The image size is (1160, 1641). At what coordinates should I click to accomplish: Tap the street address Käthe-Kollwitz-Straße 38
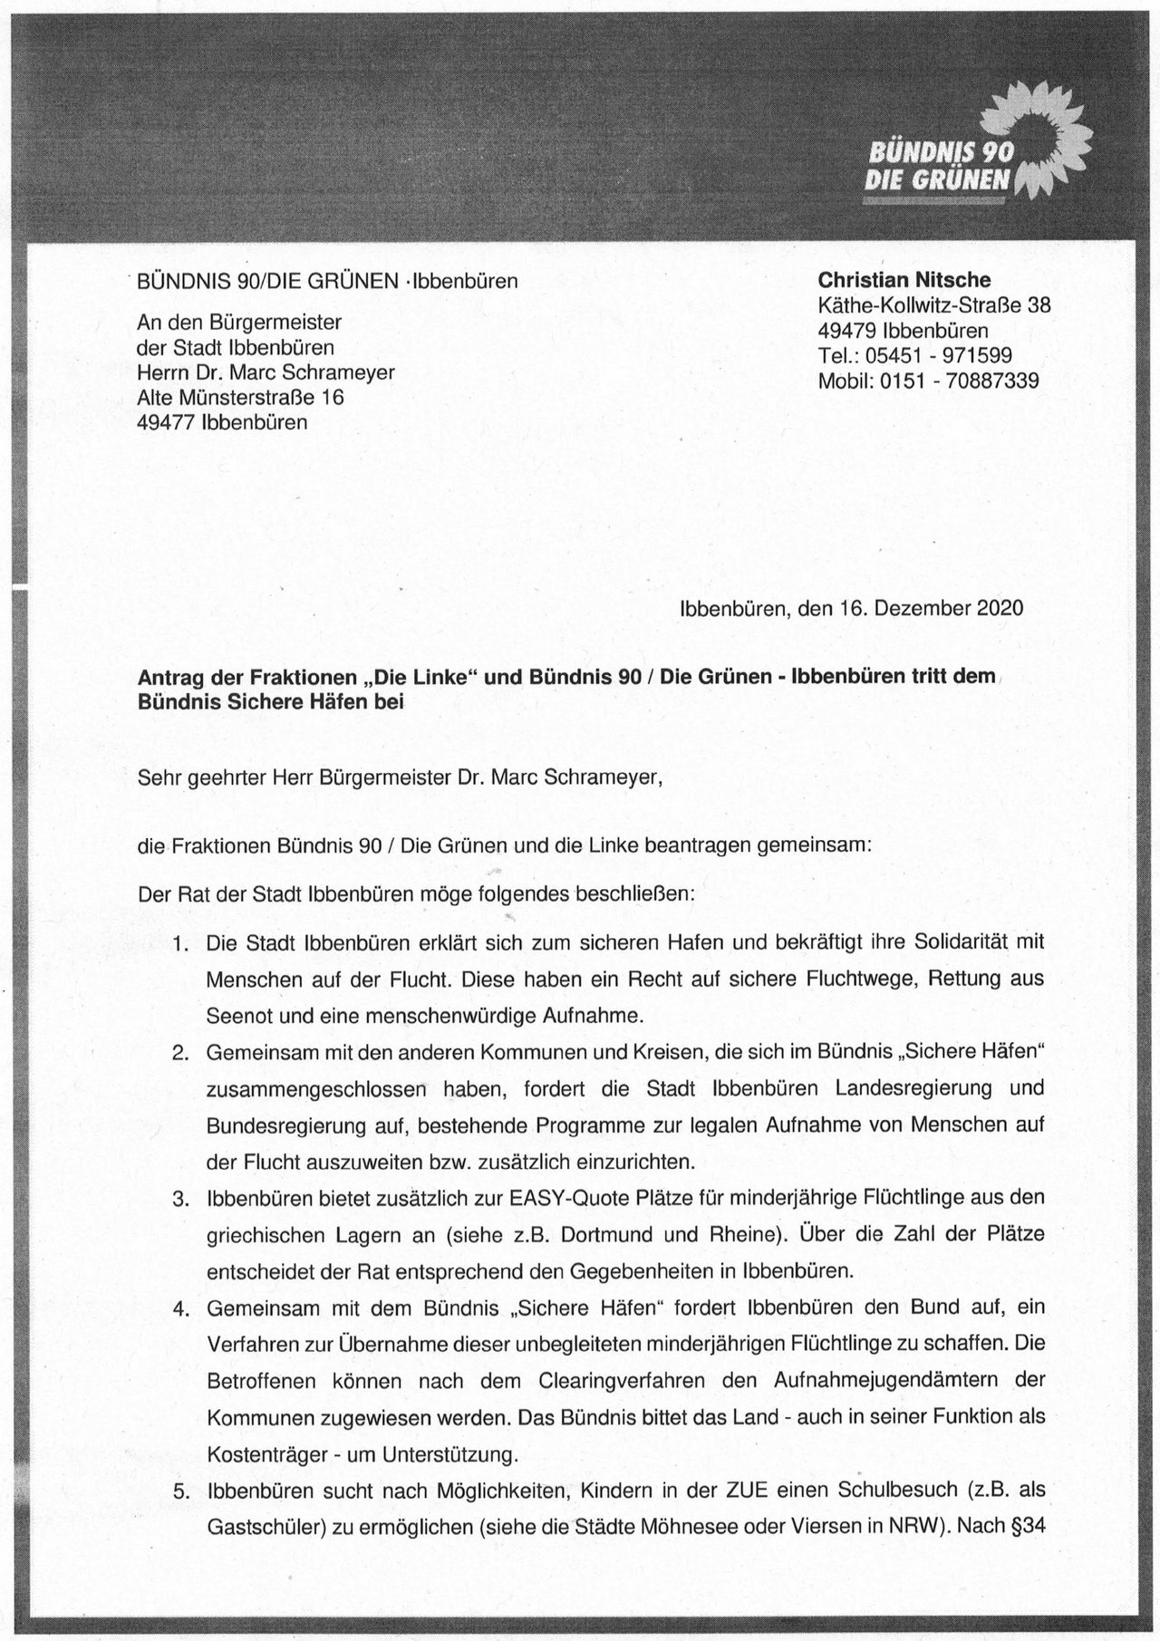[x=933, y=305]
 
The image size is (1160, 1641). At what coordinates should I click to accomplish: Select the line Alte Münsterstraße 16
[x=240, y=397]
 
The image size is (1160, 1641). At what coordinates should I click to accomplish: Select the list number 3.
[x=180, y=1198]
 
